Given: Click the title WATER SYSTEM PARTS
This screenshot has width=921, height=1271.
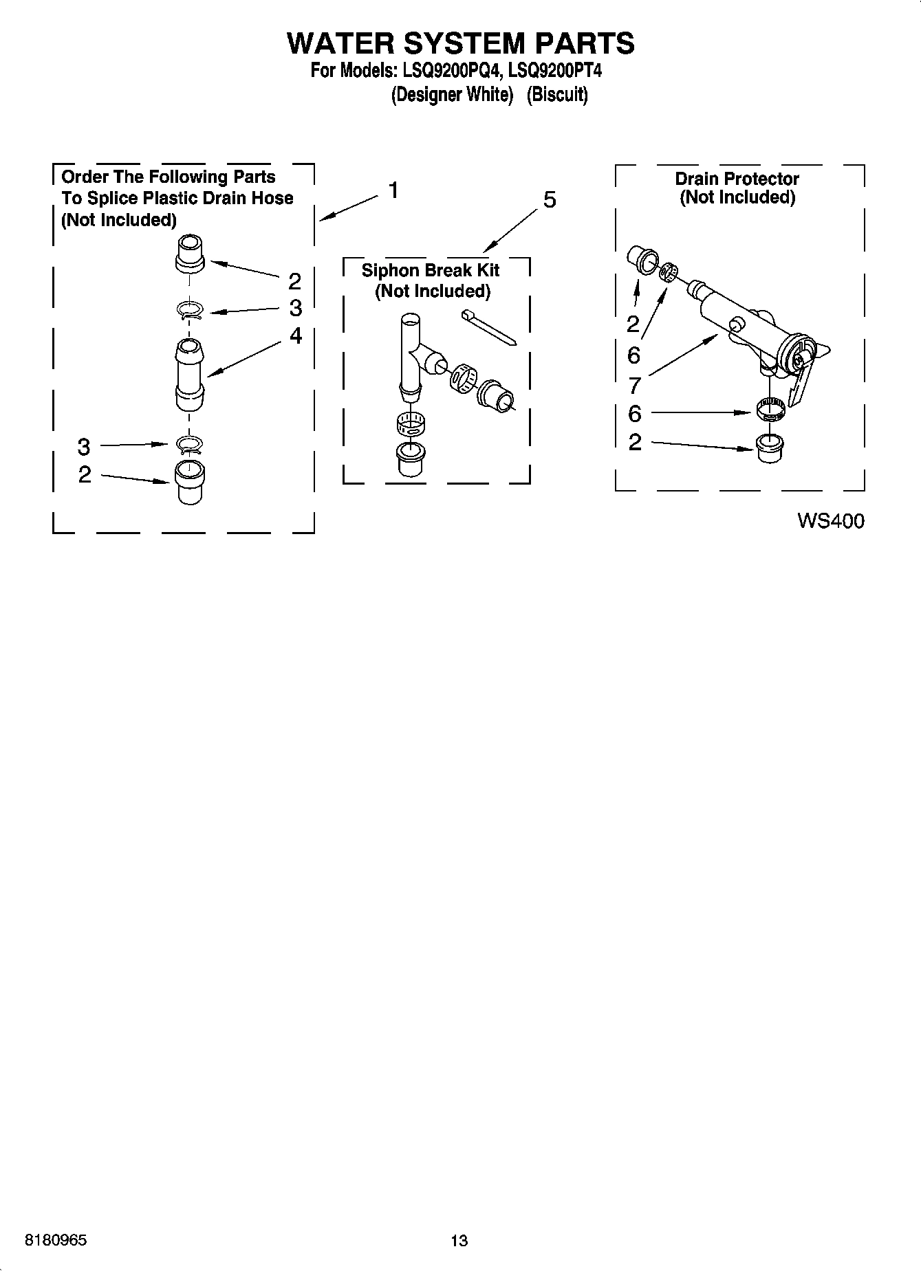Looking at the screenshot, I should pyautogui.click(x=459, y=43).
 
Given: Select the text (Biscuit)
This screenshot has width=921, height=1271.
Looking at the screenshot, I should pyautogui.click(x=557, y=95).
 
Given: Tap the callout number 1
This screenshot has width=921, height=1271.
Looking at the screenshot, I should pyautogui.click(x=393, y=190).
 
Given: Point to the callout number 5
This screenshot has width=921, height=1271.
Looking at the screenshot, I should pyautogui.click(x=549, y=200).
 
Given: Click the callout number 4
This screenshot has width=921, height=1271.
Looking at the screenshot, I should pyautogui.click(x=296, y=335).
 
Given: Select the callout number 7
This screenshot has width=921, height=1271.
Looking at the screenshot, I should pyautogui.click(x=634, y=385).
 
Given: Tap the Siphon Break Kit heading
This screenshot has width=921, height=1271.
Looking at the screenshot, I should pyautogui.click(x=431, y=270).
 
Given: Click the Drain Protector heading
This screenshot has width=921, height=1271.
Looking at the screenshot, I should pyautogui.click(x=737, y=179).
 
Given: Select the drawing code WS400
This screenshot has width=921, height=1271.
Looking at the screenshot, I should pyautogui.click(x=830, y=521).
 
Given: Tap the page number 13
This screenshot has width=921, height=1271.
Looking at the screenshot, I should pyautogui.click(x=459, y=1241).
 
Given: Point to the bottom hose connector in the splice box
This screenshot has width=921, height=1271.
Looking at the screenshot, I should pyautogui.click(x=189, y=482).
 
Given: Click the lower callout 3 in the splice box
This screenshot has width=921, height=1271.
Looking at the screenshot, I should pyautogui.click(x=83, y=447).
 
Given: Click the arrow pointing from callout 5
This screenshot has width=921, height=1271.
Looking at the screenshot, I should pyautogui.click(x=510, y=230).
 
